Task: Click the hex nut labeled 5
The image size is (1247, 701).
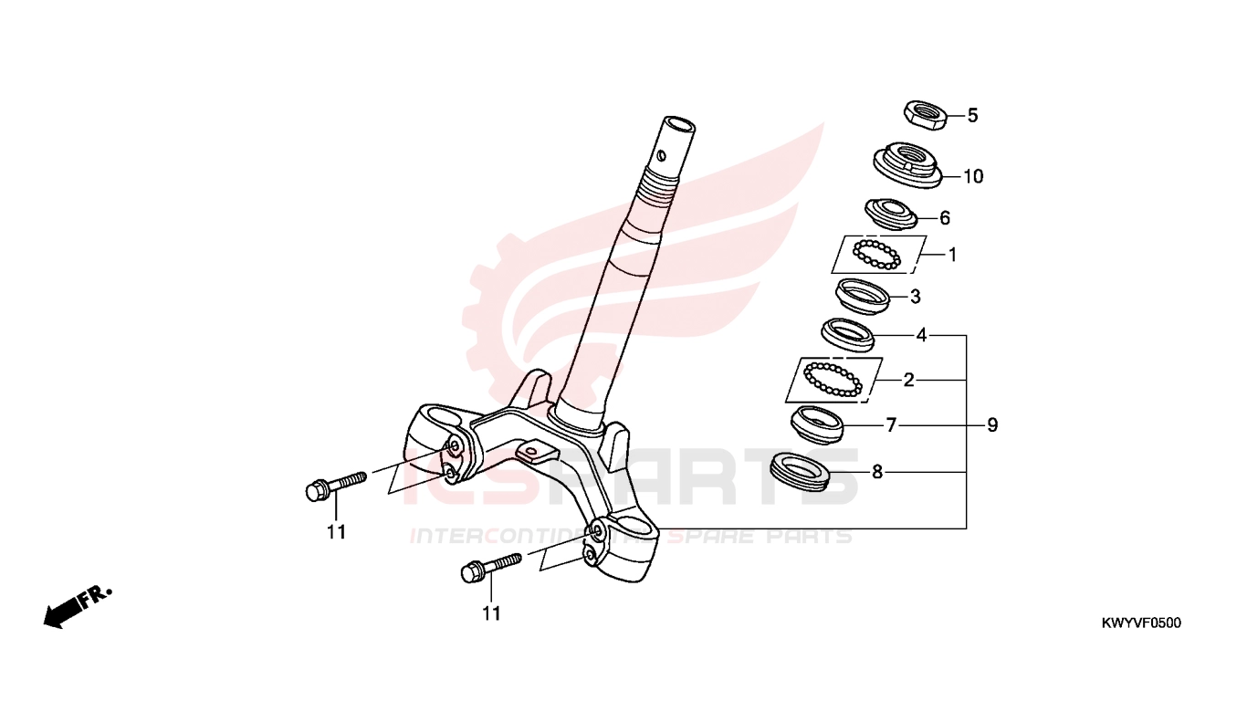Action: [925, 115]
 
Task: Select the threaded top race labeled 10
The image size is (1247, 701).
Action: [907, 165]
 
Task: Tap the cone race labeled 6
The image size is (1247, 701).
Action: [891, 214]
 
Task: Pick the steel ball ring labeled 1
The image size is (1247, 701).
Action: [877, 255]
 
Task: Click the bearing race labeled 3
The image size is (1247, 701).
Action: [863, 296]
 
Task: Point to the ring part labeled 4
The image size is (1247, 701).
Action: [848, 335]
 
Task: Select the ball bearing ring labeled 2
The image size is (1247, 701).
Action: [833, 380]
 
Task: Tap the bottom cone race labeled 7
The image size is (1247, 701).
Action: [817, 424]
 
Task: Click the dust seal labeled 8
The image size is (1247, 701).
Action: [800, 472]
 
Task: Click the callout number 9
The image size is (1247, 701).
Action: [992, 425]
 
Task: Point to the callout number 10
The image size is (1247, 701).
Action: [973, 176]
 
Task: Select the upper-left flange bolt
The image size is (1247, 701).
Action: [336, 487]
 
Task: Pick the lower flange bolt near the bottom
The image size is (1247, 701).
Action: [491, 568]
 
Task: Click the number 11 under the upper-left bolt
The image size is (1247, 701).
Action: [336, 533]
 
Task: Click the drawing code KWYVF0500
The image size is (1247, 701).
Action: [1141, 623]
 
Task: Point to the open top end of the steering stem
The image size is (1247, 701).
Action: [678, 123]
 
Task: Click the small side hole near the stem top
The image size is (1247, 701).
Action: [661, 155]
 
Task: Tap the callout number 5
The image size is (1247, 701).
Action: [972, 116]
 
